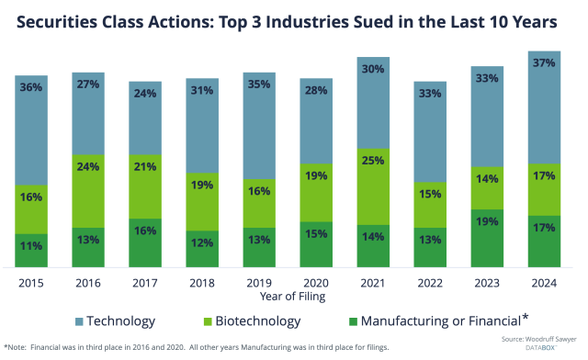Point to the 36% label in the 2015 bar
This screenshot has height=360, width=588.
click(30, 88)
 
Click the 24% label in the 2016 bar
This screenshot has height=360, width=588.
click(87, 167)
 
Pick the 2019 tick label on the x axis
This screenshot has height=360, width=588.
click(259, 283)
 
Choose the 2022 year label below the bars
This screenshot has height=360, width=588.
click(430, 283)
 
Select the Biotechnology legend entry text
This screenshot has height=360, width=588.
click(258, 321)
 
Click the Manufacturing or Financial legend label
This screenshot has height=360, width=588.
click(437, 321)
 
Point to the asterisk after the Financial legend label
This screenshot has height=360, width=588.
click(526, 318)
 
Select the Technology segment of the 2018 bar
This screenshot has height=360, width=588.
click(202, 129)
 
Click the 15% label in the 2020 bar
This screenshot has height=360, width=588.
click(315, 234)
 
